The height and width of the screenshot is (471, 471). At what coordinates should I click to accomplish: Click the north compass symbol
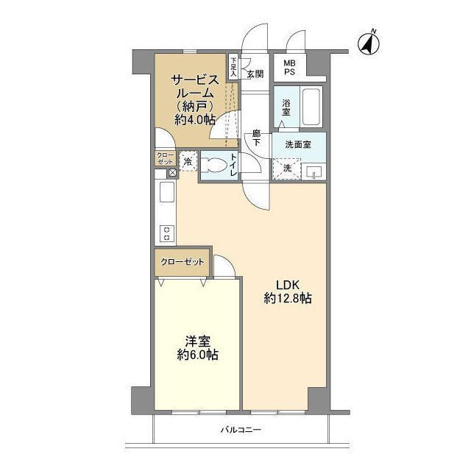pyautogui.click(x=369, y=43)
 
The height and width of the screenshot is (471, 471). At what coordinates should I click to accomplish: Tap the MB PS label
pyautogui.click(x=290, y=68)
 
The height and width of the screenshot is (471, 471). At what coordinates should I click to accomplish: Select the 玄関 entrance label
pyautogui.click(x=255, y=74)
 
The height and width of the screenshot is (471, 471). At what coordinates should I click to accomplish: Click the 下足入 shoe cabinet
pyautogui.click(x=233, y=67)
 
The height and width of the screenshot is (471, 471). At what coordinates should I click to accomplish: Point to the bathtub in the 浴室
pyautogui.click(x=311, y=107)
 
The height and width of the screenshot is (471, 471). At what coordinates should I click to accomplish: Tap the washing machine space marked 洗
pyautogui.click(x=286, y=169)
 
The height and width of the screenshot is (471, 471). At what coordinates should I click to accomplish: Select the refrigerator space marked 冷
pyautogui.click(x=188, y=162)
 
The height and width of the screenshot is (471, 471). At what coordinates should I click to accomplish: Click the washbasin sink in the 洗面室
pyautogui.click(x=314, y=172)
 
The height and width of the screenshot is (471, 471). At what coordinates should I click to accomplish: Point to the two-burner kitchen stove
pyautogui.click(x=166, y=234)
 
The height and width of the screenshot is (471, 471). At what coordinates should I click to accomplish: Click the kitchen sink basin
pyautogui.click(x=167, y=192)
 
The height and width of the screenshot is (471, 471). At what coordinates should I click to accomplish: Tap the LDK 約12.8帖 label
pyautogui.click(x=288, y=291)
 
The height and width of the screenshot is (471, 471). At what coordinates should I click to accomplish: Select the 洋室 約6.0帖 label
pyautogui.click(x=197, y=348)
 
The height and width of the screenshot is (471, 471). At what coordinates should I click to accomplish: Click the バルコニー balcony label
pyautogui.click(x=241, y=430)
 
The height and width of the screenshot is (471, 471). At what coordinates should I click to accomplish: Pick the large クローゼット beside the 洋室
pyautogui.click(x=182, y=262)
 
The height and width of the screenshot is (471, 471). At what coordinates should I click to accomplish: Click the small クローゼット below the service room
pyautogui.click(x=165, y=158)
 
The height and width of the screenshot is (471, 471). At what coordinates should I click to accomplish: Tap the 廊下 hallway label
pyautogui.click(x=256, y=138)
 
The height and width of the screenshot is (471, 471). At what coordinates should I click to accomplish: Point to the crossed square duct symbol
pyautogui.click(x=173, y=173)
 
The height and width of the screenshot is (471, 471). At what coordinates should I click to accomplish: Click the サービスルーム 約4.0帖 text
pyautogui.click(x=194, y=100)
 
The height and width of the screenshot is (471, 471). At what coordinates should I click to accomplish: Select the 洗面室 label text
pyautogui.click(x=298, y=145)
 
